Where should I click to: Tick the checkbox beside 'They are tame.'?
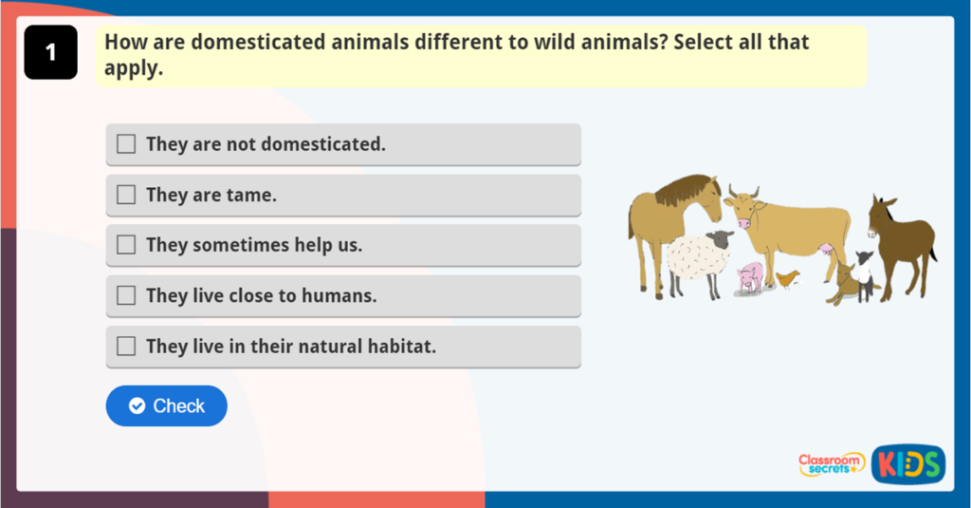click(x=126, y=195)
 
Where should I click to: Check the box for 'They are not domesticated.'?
click(x=126, y=144)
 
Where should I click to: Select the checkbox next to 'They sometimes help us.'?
click(x=126, y=245)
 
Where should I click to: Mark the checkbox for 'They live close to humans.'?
click(x=126, y=295)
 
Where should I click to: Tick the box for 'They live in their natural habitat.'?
click(x=126, y=347)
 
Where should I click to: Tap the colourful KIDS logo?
click(x=907, y=463)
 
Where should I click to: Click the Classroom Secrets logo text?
click(x=831, y=464)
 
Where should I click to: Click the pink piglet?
click(x=751, y=276)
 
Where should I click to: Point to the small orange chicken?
click(x=787, y=277)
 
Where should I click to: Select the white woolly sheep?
click(x=697, y=257)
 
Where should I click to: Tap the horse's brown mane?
click(x=683, y=191)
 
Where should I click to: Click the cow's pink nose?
click(x=742, y=222)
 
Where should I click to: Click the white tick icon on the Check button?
click(x=137, y=406)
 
